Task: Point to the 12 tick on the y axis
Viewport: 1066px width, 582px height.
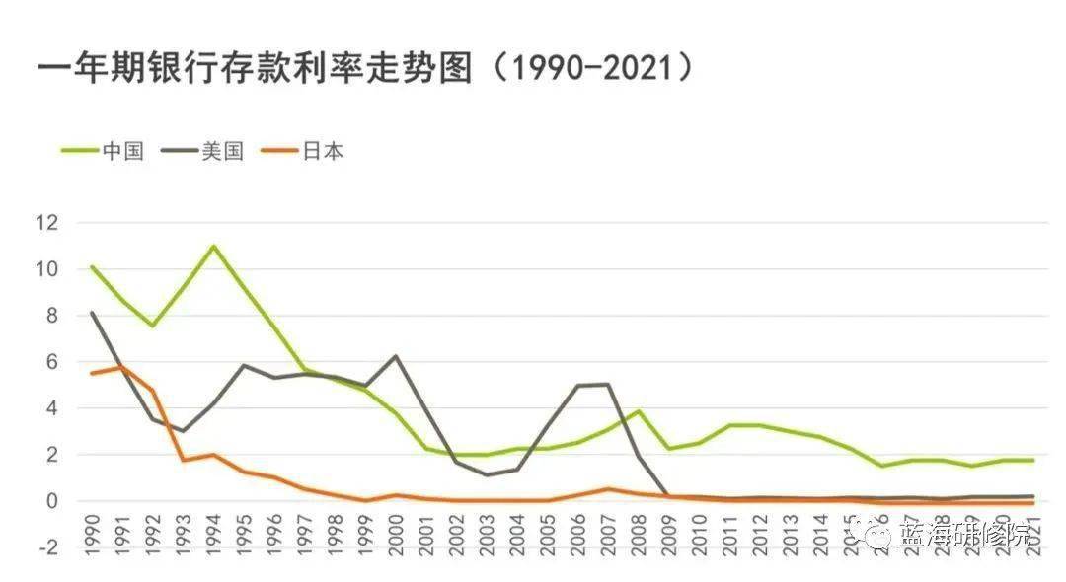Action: tap(47, 223)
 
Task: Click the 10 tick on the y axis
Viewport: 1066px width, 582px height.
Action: tap(47, 269)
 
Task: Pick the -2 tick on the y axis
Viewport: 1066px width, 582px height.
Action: tap(47, 547)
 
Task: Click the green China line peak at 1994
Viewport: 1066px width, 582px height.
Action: tap(213, 246)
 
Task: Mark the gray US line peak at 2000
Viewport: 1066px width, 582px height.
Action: tap(396, 356)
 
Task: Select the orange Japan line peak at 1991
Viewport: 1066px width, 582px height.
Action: tap(122, 367)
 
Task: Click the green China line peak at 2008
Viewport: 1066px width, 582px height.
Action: tap(640, 411)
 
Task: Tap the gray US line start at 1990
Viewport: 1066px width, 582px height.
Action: tap(92, 313)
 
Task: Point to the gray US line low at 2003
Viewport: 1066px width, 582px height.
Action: tap(488, 475)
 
